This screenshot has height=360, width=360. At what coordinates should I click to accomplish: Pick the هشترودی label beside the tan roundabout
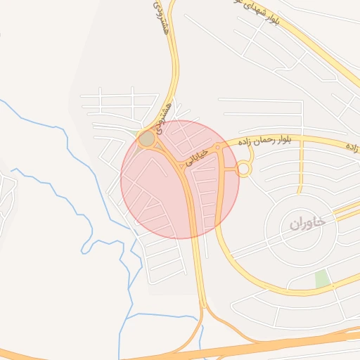tap(164, 117)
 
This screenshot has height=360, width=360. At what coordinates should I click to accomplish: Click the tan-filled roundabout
tap(146, 139)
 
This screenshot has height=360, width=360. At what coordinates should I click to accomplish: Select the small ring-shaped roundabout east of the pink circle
tap(243, 169)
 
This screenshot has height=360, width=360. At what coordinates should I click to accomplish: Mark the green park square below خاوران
tap(322, 278)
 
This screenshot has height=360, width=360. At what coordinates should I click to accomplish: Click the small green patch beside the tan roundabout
tap(136, 131)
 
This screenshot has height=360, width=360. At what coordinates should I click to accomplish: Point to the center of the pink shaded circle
tap(180, 179)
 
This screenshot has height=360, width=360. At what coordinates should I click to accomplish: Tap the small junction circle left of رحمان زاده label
tap(218, 147)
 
